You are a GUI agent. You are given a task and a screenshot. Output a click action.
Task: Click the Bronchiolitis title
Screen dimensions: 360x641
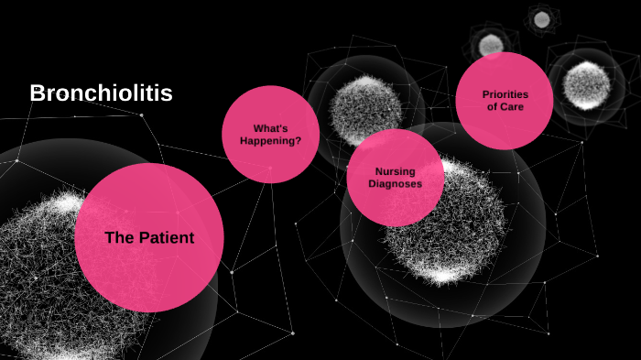pyautogui.click(x=101, y=93)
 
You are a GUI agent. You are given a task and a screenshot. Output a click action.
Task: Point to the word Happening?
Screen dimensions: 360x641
pyautogui.click(x=270, y=141)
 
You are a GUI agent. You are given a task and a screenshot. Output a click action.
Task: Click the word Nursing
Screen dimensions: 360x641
pyautogui.click(x=396, y=171)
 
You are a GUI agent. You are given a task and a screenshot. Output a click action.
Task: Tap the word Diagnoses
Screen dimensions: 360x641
pyautogui.click(x=396, y=183)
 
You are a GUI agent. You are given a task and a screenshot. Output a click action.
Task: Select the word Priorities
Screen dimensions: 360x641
pyautogui.click(x=505, y=94)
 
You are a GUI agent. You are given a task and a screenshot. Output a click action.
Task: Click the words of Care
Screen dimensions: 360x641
pyautogui.click(x=505, y=107)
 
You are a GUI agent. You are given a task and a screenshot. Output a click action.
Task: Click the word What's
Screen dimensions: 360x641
pyautogui.click(x=270, y=128)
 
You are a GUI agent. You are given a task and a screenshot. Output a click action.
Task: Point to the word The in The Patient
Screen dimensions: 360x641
pyautogui.click(x=119, y=238)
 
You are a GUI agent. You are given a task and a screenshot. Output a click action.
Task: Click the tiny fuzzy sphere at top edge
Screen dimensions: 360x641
pyautogui.click(x=541, y=18)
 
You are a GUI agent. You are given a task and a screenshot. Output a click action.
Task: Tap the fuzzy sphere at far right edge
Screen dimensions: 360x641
pyautogui.click(x=586, y=85)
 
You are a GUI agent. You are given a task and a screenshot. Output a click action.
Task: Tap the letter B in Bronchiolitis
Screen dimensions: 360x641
pyautogui.click(x=37, y=93)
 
